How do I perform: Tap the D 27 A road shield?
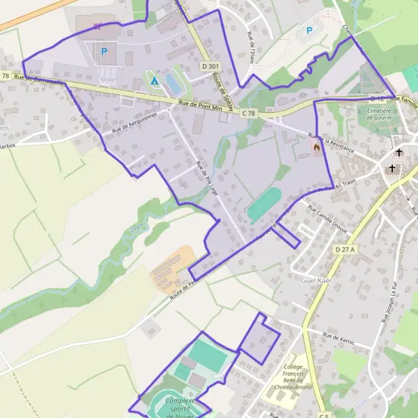(x=344, y=249)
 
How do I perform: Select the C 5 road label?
(x=323, y=415)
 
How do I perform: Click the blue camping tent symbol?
(x=155, y=82)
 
